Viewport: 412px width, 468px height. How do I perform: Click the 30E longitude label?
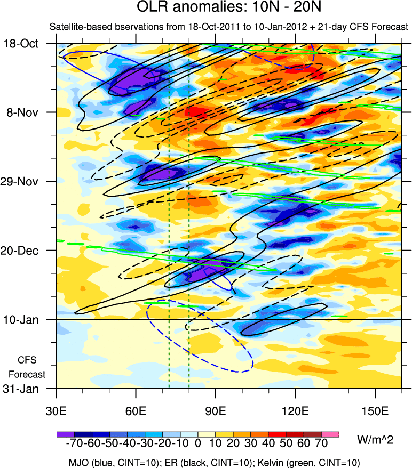56,411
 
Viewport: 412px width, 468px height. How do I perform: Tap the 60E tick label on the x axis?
136,411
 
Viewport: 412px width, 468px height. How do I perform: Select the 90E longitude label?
216,411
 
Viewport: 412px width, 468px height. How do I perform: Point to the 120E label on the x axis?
295,411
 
